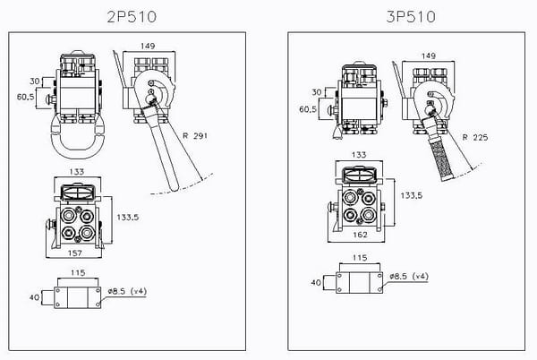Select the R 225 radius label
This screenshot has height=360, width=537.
pos(479,137)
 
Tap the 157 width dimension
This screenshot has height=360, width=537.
pos(77,253)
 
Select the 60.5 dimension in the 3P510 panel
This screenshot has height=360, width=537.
pos(307,108)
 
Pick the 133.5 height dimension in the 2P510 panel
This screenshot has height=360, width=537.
pos(127,216)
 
